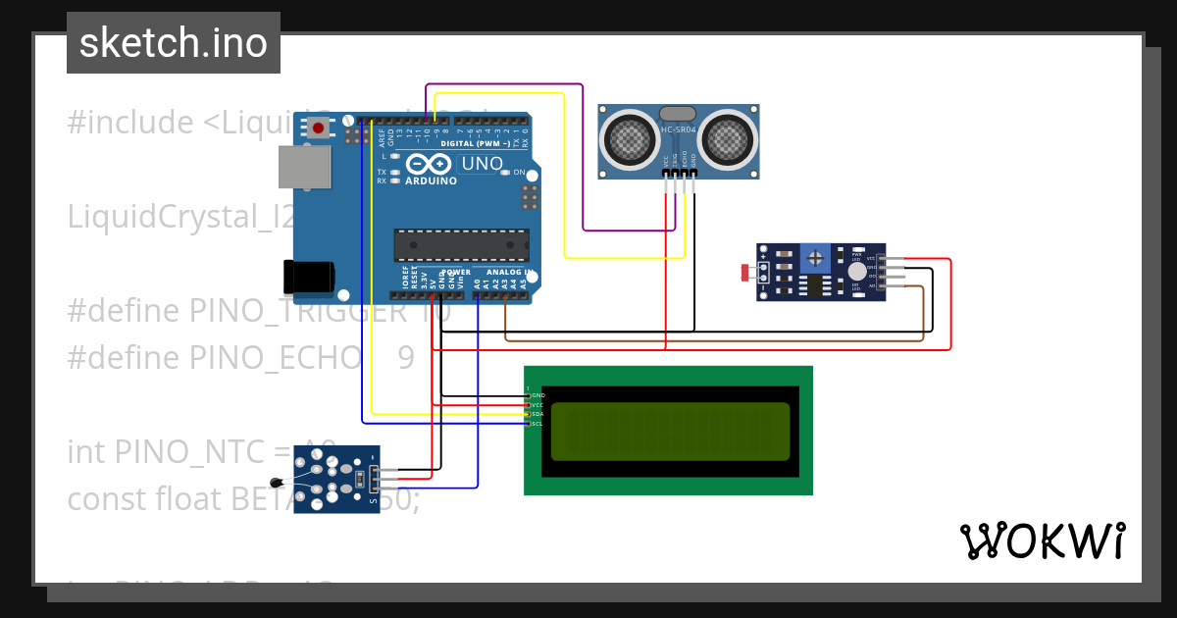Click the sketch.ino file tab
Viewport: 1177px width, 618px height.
[x=174, y=43]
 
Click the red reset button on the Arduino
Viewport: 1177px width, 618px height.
[x=319, y=127]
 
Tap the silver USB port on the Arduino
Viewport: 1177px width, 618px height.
[x=304, y=167]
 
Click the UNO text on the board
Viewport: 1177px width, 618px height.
[x=481, y=164]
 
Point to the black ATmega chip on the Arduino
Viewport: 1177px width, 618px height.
[x=461, y=245]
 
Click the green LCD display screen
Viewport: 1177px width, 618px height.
[x=670, y=432]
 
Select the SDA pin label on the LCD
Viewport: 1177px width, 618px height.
[x=537, y=414]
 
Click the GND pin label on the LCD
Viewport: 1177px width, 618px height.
[x=537, y=395]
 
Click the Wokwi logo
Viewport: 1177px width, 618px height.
[x=1043, y=541]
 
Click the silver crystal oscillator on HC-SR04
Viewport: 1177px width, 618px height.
[x=678, y=115]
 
